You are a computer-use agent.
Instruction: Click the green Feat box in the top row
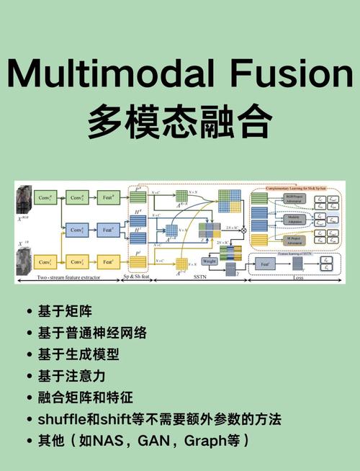(x=108, y=197)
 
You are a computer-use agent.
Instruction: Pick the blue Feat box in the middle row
(x=108, y=230)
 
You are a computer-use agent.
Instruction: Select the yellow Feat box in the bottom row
(x=108, y=262)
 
